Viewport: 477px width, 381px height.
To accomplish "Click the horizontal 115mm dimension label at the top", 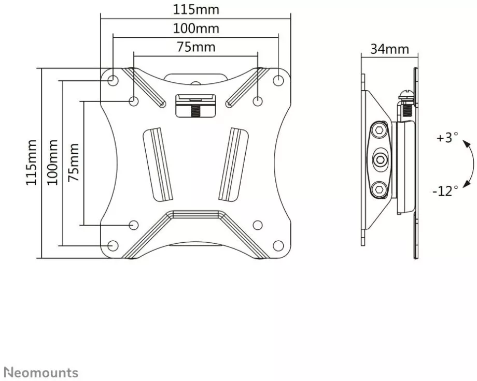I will point(196,10).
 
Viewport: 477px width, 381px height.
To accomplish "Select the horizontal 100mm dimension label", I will point(196,28).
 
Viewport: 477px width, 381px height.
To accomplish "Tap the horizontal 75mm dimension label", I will point(196,47).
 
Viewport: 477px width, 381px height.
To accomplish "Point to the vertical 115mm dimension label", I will point(32,162).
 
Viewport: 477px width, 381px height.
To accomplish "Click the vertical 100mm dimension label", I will point(52,162).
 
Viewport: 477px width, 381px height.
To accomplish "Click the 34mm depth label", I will point(389,50).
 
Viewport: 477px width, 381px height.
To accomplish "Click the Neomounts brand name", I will point(41,372).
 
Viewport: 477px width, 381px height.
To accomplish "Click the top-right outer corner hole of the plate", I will point(278,80).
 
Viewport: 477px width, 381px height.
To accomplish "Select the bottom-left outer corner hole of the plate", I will point(113,245).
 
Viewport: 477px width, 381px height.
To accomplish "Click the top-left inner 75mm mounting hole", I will point(134,100).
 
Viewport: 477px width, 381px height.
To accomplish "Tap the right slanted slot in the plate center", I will point(232,163).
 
